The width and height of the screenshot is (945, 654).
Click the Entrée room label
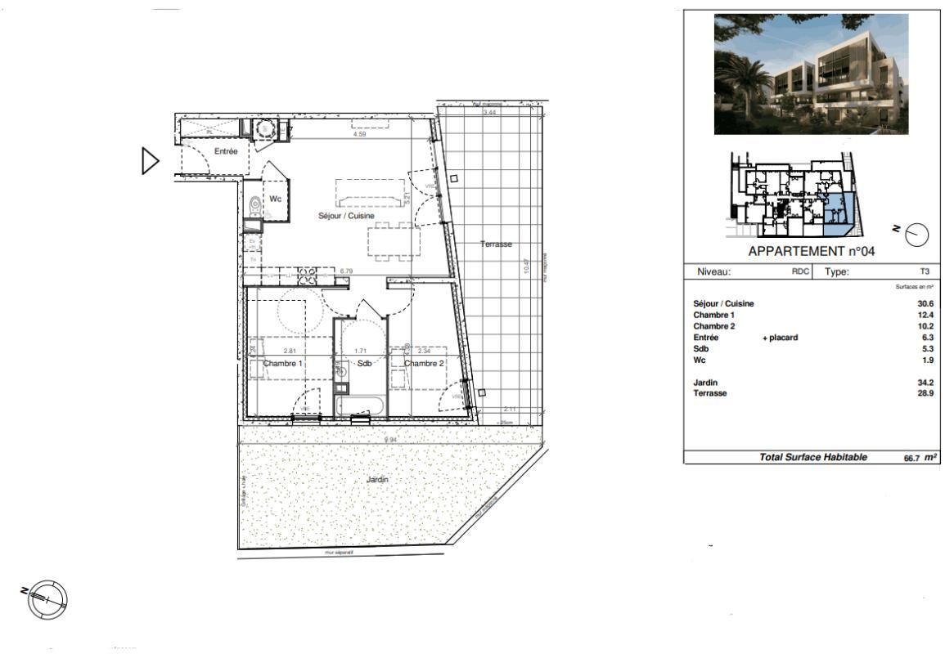[x=226, y=152]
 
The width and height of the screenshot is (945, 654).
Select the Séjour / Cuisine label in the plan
[x=346, y=217]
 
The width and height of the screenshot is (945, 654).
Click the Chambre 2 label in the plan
[x=424, y=364]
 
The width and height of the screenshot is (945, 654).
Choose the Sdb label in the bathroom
[x=364, y=364]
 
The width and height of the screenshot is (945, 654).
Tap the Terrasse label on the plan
[x=496, y=244]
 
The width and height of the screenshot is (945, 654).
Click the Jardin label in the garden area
[x=377, y=480]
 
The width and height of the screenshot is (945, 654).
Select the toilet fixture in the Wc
[x=254, y=204]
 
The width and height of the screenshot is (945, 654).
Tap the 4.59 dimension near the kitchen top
[x=359, y=134]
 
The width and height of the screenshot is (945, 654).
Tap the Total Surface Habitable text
[x=813, y=458]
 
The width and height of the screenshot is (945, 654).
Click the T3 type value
[x=925, y=272]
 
